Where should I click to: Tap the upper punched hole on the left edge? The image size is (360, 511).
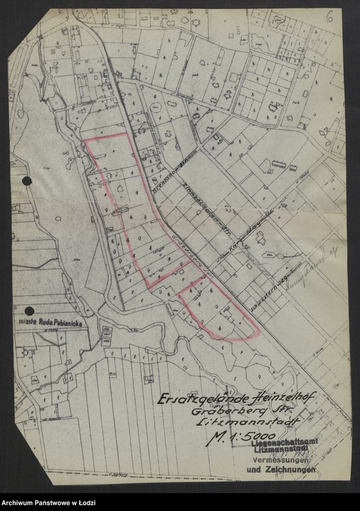click(x=26, y=181)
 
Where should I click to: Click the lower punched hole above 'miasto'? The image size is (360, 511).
click(x=29, y=310)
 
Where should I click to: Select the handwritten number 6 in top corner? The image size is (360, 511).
click(x=329, y=18)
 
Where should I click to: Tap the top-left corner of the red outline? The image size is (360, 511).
click(x=85, y=141)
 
